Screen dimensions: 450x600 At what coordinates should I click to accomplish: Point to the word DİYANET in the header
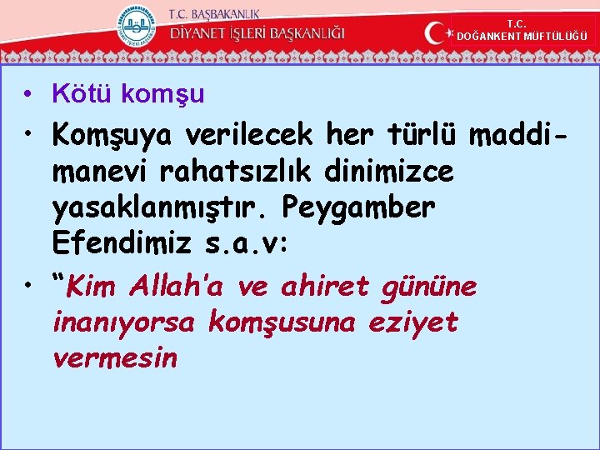click(204, 34)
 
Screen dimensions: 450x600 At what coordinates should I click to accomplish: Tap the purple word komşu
click(162, 95)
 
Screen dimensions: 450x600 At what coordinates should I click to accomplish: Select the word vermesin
click(114, 358)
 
